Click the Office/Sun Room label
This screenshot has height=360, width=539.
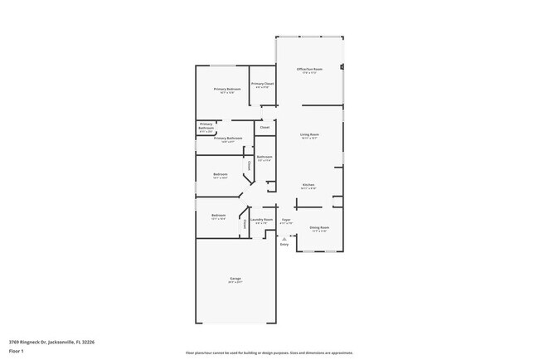pyautogui.click(x=308, y=69)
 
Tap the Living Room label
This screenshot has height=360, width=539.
pyautogui.click(x=309, y=134)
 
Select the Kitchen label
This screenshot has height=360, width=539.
pyautogui.click(x=308, y=184)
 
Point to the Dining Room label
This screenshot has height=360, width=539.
pyautogui.click(x=319, y=226)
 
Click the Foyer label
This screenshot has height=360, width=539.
pyautogui.click(x=285, y=220)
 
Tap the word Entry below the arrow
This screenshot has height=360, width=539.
pyautogui.click(x=284, y=245)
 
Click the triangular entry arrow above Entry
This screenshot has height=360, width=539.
pyautogui.click(x=284, y=238)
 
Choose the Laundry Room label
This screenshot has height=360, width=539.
pyautogui.click(x=262, y=220)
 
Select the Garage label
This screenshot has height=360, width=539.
pyautogui.click(x=236, y=279)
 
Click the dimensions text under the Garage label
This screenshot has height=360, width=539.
pyautogui.click(x=236, y=283)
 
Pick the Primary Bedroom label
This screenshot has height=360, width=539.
pyautogui.click(x=227, y=89)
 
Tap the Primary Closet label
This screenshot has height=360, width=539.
pyautogui.click(x=263, y=84)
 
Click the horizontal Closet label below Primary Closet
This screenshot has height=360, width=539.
pyautogui.click(x=265, y=128)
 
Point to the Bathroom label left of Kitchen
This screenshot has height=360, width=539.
pyautogui.click(x=265, y=157)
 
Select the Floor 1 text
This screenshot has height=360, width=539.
pyautogui.click(x=17, y=351)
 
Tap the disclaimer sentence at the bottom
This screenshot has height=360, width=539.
pyautogui.click(x=269, y=353)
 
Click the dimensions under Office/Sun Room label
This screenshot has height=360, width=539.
pyautogui.click(x=308, y=73)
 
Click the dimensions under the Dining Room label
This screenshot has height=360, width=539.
pyautogui.click(x=319, y=231)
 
